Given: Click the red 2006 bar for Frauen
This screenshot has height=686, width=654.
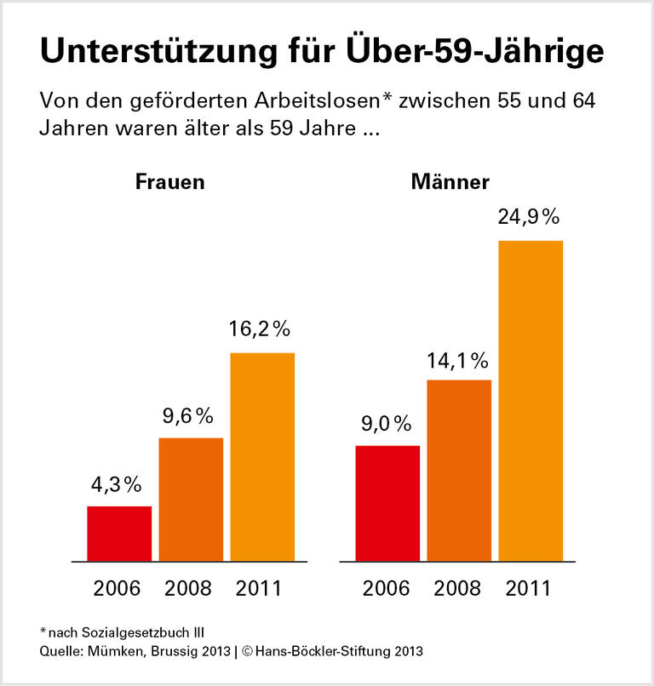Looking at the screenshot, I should pyautogui.click(x=119, y=534).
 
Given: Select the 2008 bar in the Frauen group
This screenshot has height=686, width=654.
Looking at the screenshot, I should pyautogui.click(x=191, y=500).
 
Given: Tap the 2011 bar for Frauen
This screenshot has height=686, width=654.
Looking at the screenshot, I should pyautogui.click(x=262, y=457).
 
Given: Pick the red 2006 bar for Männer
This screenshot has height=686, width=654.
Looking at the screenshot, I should pyautogui.click(x=387, y=503).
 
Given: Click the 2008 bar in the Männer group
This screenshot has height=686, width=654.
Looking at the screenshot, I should pyautogui.click(x=459, y=470).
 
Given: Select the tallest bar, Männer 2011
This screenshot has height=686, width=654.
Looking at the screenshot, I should pyautogui.click(x=531, y=401).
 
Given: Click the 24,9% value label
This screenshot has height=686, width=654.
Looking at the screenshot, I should pyautogui.click(x=529, y=217).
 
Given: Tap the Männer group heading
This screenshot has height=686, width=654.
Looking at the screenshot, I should pyautogui.click(x=450, y=182).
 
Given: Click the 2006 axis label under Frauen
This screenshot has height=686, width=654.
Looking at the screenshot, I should pyautogui.click(x=118, y=587).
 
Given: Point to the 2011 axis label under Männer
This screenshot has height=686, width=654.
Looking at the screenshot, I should pyautogui.click(x=529, y=587).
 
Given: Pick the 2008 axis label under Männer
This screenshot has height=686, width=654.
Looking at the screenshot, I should pyautogui.click(x=458, y=587).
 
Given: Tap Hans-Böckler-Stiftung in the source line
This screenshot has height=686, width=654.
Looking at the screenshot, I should pyautogui.click(x=316, y=652).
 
